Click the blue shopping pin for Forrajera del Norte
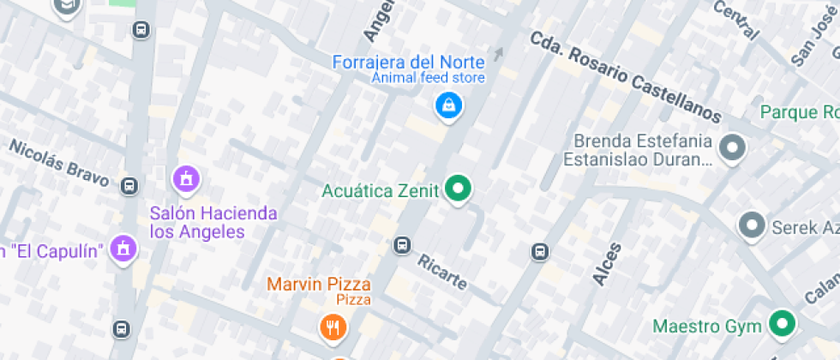[448, 106]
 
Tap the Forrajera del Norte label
[409, 62]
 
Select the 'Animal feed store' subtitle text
[428, 78]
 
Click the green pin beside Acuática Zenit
[459, 189]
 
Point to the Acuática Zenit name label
[381, 190]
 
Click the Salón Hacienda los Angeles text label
[213, 222]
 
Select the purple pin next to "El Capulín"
[124, 249]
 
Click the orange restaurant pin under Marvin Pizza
[333, 327]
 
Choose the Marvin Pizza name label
[319, 284]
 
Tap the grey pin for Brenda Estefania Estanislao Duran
[732, 147]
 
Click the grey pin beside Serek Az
[753, 225]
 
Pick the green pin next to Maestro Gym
[780, 324]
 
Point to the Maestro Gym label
[707, 327]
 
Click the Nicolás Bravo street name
[59, 163]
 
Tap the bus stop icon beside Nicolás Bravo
[129, 186]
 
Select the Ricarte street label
[442, 271]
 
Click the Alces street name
[607, 262]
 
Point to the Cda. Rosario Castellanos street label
[626, 76]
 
